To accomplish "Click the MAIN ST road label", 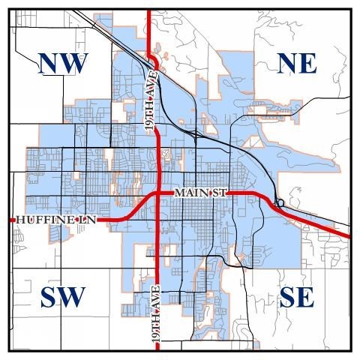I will tap(200, 193).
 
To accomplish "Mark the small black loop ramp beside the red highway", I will tap(280, 202).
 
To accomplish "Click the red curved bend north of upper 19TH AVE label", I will tap(152, 58).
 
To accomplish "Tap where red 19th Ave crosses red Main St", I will tap(157, 194).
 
